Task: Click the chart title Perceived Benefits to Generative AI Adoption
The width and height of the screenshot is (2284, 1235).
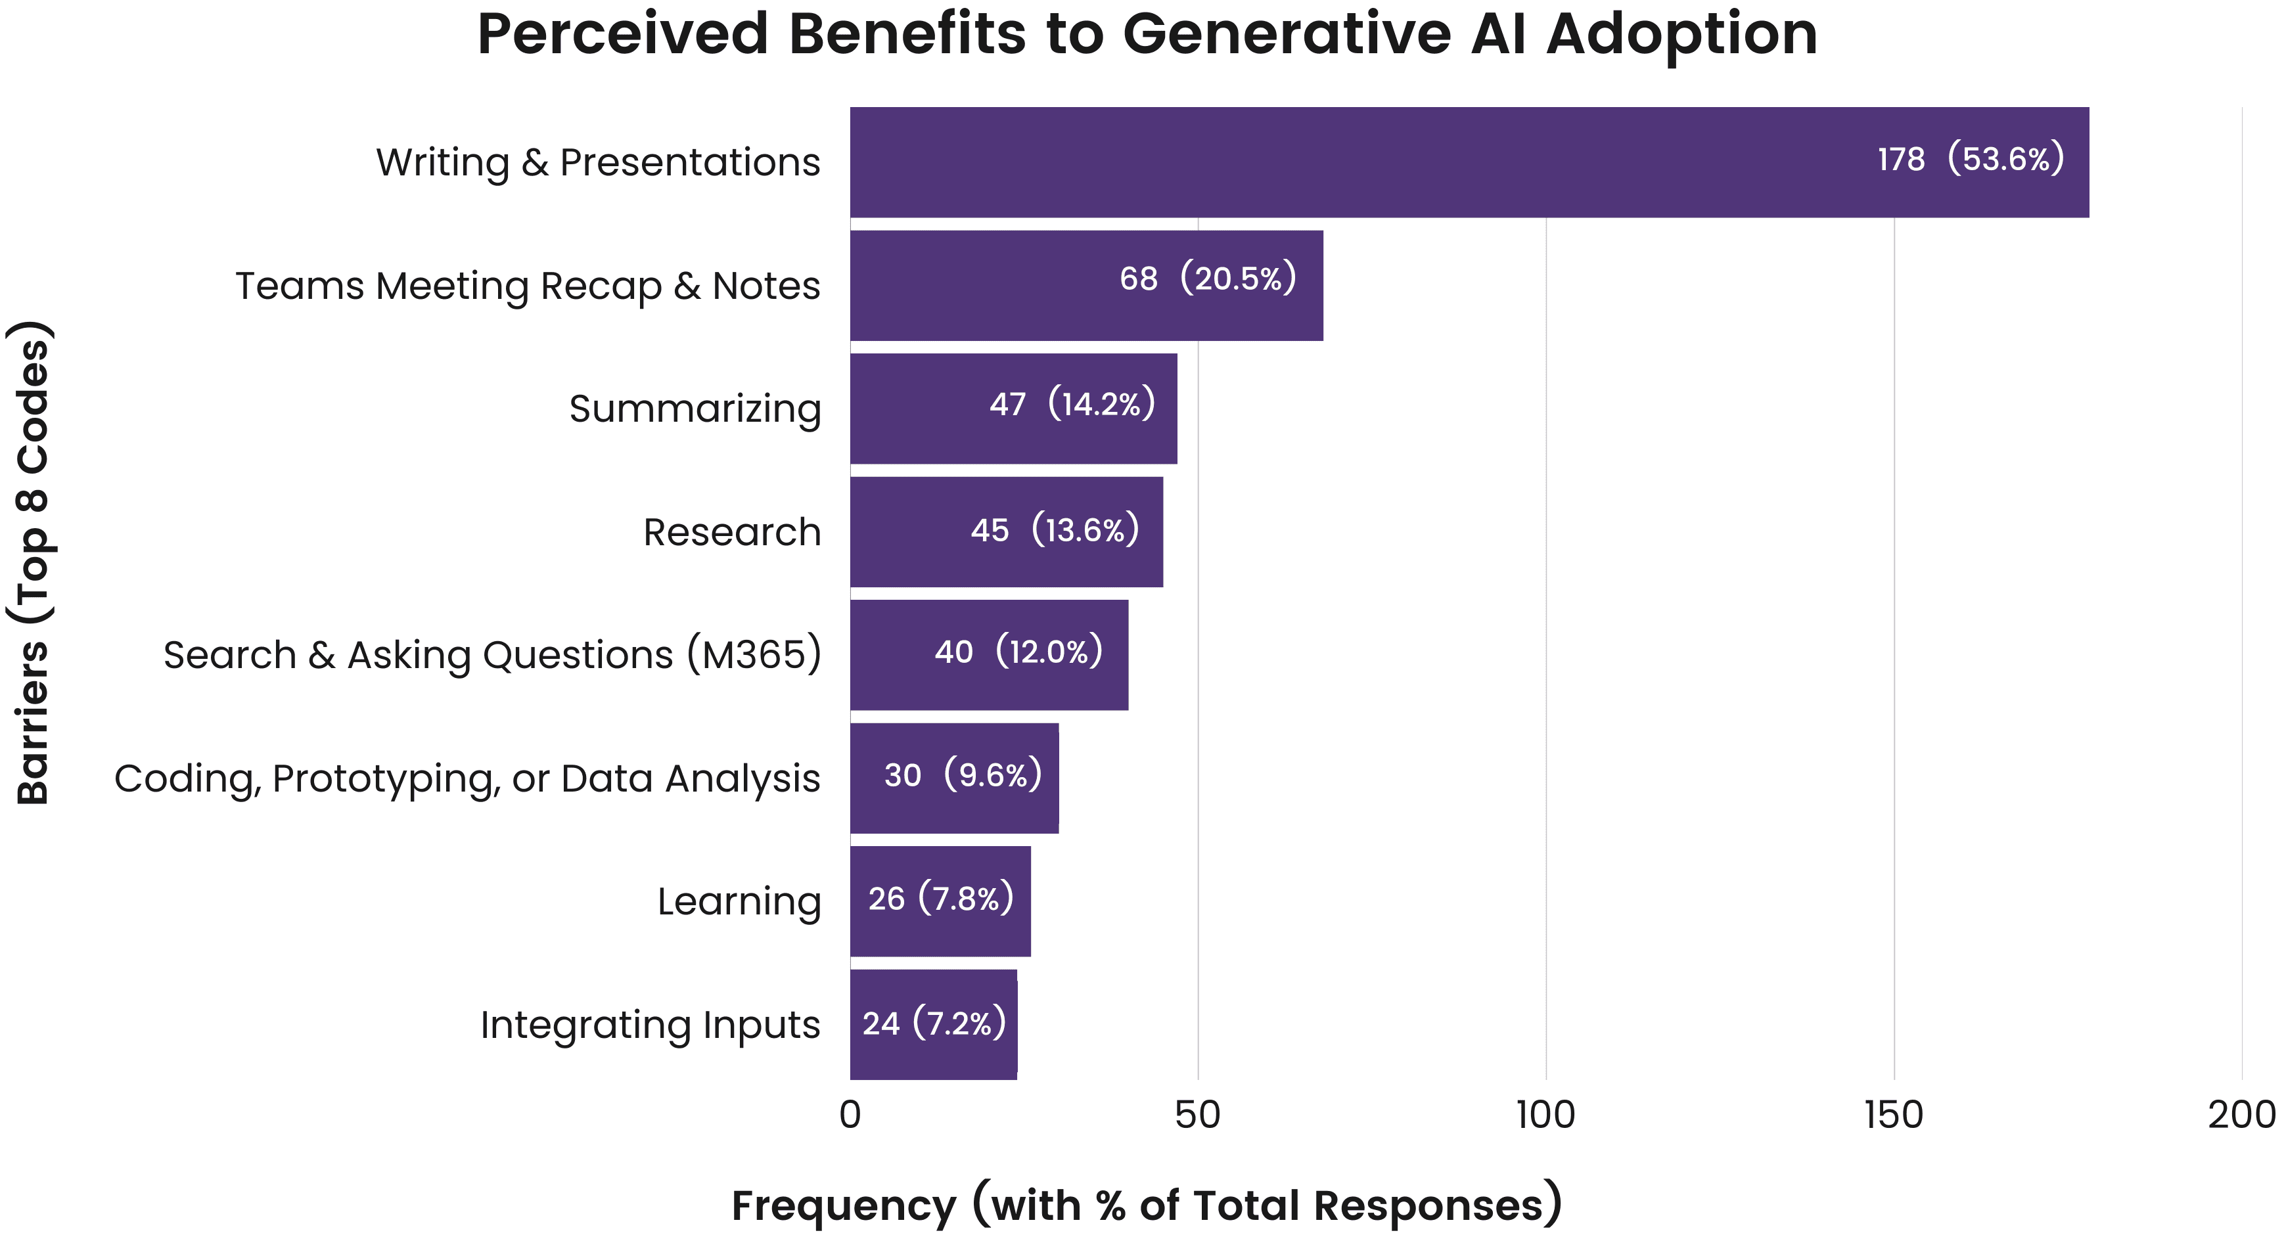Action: coord(1147,35)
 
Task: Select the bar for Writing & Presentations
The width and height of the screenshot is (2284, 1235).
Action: coord(1330,162)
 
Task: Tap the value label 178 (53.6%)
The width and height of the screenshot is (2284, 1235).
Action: coord(1970,160)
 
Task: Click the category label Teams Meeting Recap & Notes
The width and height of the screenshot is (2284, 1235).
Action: coord(528,286)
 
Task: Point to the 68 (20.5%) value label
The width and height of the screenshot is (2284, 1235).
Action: coord(1208,279)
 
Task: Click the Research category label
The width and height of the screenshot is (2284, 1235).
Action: coord(731,533)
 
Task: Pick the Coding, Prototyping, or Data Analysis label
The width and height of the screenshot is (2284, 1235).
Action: coord(467,779)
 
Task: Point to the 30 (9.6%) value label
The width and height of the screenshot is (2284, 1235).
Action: coord(963,776)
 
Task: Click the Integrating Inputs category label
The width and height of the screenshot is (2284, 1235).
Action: coord(650,1025)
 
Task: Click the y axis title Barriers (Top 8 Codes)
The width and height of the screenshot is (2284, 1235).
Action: coord(34,564)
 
